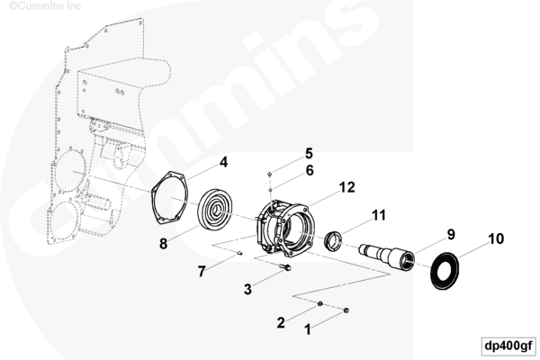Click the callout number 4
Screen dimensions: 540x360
[x=224, y=162]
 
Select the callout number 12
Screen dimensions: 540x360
[x=346, y=187]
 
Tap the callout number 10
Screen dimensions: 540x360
[x=496, y=238]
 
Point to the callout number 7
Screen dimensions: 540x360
[x=202, y=272]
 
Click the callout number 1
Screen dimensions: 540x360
[x=308, y=329]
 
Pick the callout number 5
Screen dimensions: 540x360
[x=309, y=154]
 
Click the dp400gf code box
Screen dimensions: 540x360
[x=508, y=346]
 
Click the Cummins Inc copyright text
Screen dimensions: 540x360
[x=45, y=6]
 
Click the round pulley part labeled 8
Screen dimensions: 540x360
[x=215, y=209]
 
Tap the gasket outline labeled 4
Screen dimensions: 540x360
[x=170, y=198]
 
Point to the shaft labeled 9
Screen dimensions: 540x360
[x=385, y=255]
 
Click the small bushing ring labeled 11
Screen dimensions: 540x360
[x=334, y=239]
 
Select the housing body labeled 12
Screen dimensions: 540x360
[x=285, y=228]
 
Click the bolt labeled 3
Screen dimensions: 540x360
[x=285, y=266]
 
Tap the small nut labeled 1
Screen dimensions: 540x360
[x=346, y=310]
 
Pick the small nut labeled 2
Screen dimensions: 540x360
[x=320, y=303]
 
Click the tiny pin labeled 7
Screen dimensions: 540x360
[x=239, y=254]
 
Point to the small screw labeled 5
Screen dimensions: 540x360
[x=270, y=175]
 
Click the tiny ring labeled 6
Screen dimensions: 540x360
[x=271, y=189]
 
